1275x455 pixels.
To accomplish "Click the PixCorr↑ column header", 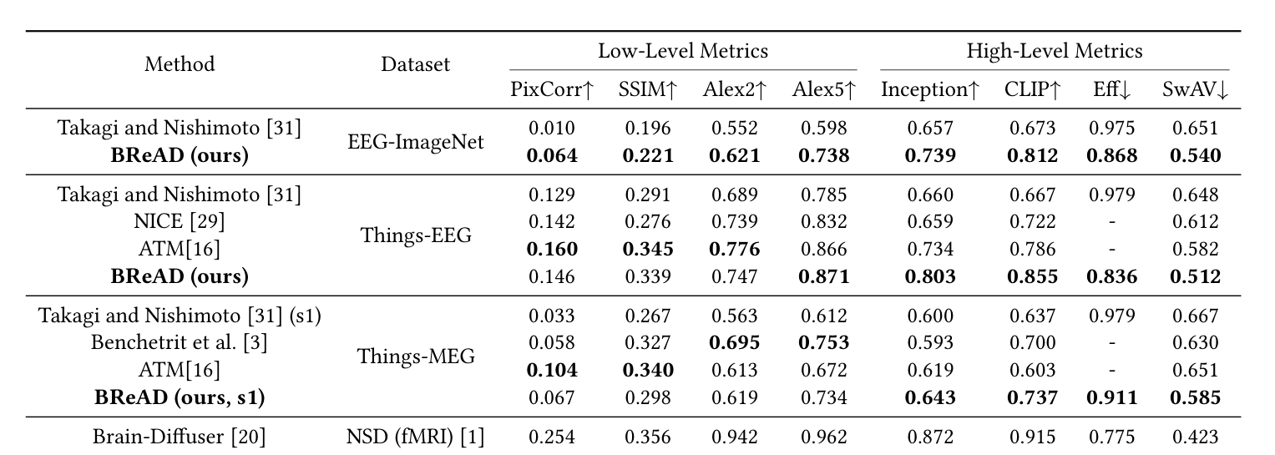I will pyautogui.click(x=552, y=90).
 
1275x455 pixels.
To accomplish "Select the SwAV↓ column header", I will pyautogui.click(x=1195, y=90).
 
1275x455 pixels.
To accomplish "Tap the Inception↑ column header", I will pyautogui.click(x=929, y=90).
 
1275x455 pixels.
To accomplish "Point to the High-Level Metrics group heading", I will pyautogui.click(x=1054, y=52).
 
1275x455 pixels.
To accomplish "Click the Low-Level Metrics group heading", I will pyautogui.click(x=682, y=52).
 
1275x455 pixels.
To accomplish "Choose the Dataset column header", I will pyautogui.click(x=415, y=64).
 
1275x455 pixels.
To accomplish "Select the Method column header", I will pyautogui.click(x=180, y=64).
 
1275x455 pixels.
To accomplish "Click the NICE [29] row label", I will pyautogui.click(x=180, y=222).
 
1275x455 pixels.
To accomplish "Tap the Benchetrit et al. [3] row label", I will pyautogui.click(x=180, y=342).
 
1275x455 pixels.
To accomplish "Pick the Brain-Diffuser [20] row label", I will pyautogui.click(x=180, y=436).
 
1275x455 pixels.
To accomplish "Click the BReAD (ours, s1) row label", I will pyautogui.click(x=180, y=397).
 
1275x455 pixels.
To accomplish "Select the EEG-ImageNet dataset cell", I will pyautogui.click(x=415, y=142).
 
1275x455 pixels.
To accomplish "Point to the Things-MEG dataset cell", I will pyautogui.click(x=415, y=356).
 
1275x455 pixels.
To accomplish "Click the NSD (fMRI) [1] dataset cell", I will pyautogui.click(x=415, y=436).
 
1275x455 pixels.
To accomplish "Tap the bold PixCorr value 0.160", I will pyautogui.click(x=552, y=249).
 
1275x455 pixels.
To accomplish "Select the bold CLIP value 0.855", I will pyautogui.click(x=1030, y=276).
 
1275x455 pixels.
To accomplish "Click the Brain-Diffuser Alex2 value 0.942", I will pyautogui.click(x=735, y=436).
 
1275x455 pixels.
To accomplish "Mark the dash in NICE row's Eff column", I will pyautogui.click(x=1111, y=222).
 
